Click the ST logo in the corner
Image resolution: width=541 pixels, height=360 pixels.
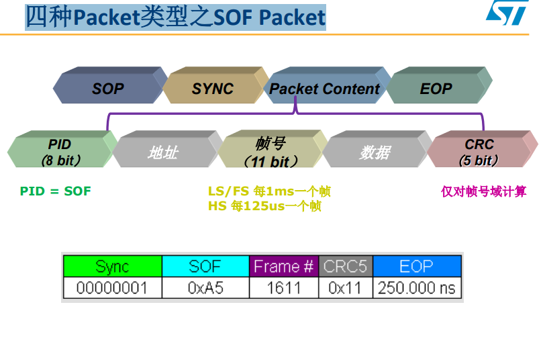coord(507,13)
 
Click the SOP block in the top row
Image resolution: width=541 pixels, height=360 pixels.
coord(108,89)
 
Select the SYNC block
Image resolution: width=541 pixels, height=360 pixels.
coord(213,89)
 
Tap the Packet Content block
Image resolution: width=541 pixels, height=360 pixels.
coord(324,89)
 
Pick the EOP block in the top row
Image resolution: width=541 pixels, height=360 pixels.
coord(436,89)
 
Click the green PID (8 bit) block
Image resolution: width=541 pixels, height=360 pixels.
coord(60,152)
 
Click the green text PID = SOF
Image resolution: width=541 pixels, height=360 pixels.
coord(55,191)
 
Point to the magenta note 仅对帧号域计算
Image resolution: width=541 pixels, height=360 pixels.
coord(483,191)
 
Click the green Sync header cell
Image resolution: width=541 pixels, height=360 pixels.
coord(112,267)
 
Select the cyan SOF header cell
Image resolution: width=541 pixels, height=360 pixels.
coord(205,267)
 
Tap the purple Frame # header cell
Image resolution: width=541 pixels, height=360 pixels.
coord(283,267)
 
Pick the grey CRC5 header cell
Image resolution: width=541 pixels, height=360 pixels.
coord(345,267)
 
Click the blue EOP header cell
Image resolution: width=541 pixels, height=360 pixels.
coord(417,267)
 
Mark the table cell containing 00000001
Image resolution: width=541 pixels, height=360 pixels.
coord(112,288)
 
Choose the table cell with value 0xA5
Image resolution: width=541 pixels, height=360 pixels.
coord(205,288)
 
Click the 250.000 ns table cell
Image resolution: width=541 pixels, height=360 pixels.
coord(417,288)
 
